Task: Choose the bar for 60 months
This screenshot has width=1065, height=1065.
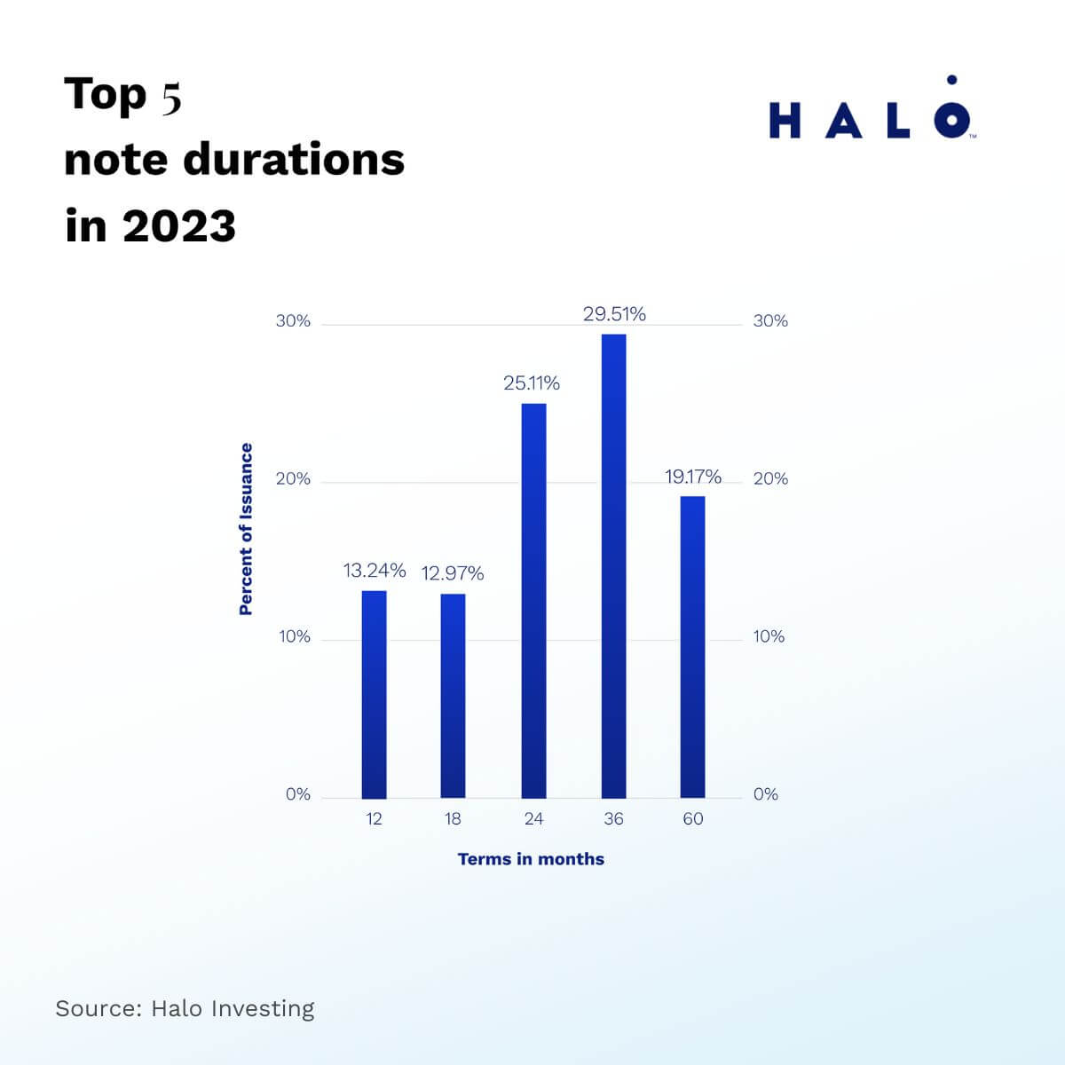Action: [692, 647]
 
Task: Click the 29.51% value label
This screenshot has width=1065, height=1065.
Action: [614, 314]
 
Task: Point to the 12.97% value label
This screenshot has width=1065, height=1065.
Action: [453, 573]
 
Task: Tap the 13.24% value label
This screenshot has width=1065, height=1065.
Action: [375, 570]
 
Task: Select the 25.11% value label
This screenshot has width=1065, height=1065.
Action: [532, 383]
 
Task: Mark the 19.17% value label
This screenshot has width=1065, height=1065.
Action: [693, 477]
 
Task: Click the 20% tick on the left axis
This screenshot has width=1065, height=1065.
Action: [293, 479]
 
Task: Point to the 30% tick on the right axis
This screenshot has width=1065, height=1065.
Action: [770, 321]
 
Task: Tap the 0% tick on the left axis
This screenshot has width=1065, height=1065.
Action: [298, 794]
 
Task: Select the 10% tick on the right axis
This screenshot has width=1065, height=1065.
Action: [769, 636]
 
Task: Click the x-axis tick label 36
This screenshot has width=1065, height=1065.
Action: [613, 818]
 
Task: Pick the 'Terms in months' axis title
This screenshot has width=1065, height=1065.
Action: [531, 859]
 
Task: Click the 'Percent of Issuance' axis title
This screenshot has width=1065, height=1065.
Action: [246, 529]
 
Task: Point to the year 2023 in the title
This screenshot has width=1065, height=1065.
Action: [179, 225]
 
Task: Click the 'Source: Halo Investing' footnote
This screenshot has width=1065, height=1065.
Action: [185, 1008]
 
